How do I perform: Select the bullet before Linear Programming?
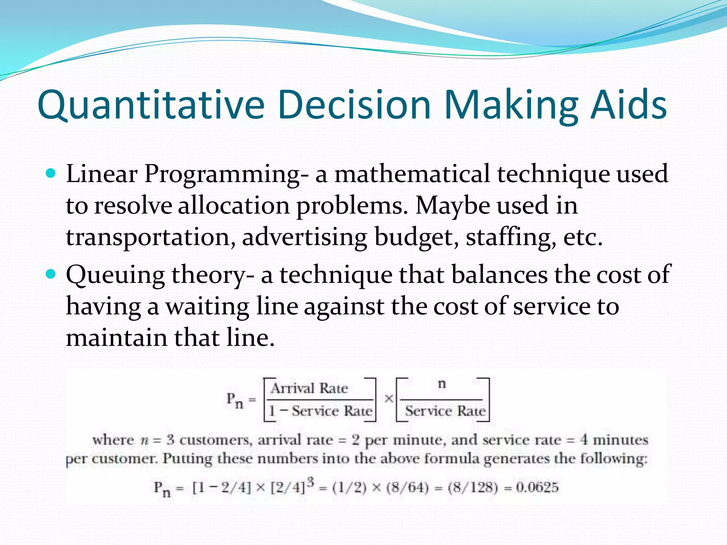[51, 174]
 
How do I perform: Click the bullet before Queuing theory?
[51, 274]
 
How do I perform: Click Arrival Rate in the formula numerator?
[309, 388]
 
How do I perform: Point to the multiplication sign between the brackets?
[389, 399]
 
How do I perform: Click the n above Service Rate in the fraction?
[442, 384]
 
